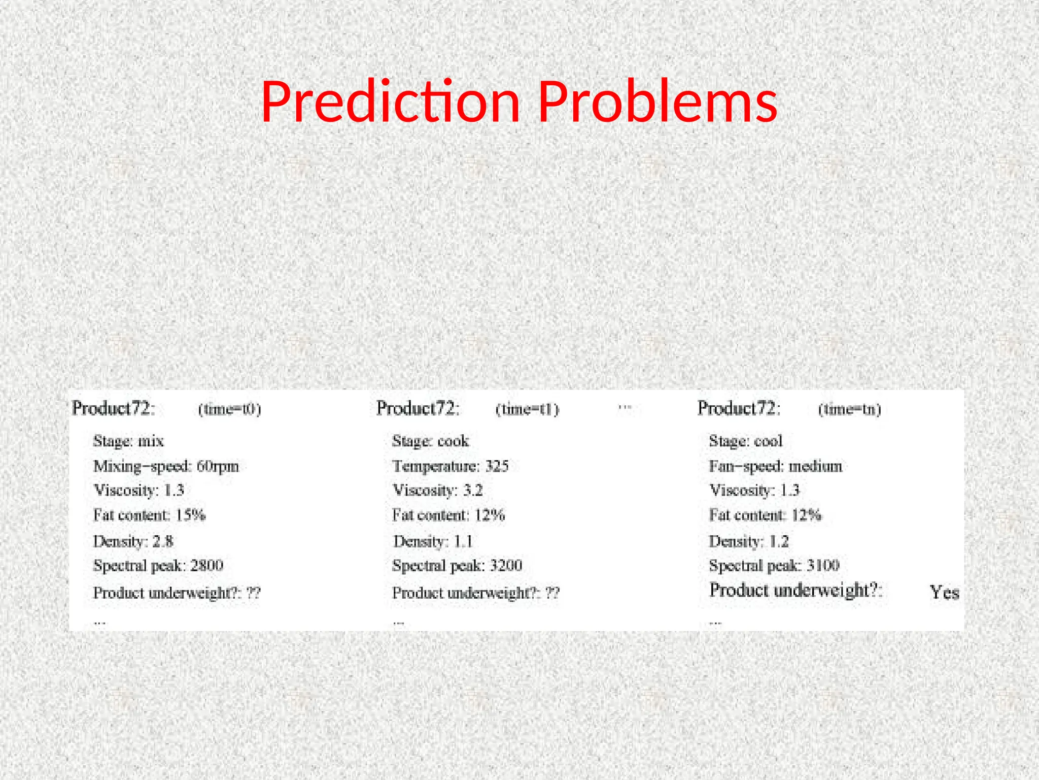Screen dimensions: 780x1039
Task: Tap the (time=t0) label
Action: pyautogui.click(x=229, y=409)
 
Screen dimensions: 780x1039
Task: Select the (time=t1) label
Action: pyautogui.click(x=527, y=409)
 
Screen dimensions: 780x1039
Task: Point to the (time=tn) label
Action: pyautogui.click(x=850, y=409)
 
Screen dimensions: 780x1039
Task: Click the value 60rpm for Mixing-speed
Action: pyautogui.click(x=218, y=466)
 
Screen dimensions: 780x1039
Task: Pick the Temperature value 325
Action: pyautogui.click(x=497, y=466)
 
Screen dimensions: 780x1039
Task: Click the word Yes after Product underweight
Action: pyautogui.click(x=944, y=592)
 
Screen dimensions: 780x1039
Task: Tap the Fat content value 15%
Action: pyautogui.click(x=191, y=515)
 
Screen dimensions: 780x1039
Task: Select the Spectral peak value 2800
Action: pyautogui.click(x=207, y=566)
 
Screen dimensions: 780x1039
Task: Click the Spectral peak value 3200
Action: pyautogui.click(x=506, y=566)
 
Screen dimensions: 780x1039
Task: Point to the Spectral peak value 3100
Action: pyautogui.click(x=823, y=566)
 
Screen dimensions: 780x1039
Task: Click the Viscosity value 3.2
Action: pyautogui.click(x=473, y=491)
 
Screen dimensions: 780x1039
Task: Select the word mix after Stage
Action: pyautogui.click(x=151, y=441)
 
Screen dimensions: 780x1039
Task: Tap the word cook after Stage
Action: pyautogui.click(x=453, y=441)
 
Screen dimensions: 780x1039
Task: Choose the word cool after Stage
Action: pyautogui.click(x=769, y=441)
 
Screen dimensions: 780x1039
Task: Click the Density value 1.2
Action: pyautogui.click(x=779, y=541)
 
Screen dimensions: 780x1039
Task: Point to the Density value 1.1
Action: pyautogui.click(x=463, y=541)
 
